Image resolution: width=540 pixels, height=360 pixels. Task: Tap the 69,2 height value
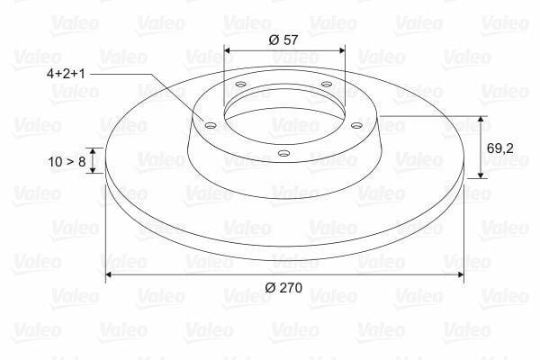[x=500, y=148]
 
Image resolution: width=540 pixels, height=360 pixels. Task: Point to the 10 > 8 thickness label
[x=66, y=161]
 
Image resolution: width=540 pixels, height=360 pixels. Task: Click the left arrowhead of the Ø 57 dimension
[x=226, y=50]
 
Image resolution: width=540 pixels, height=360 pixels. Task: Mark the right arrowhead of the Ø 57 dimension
[x=352, y=50]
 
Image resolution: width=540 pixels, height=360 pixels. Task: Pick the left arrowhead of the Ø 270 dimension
[x=111, y=274]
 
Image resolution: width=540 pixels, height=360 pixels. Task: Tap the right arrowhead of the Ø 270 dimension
[x=461, y=274]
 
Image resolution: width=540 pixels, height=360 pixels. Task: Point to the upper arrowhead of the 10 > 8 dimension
[x=93, y=151]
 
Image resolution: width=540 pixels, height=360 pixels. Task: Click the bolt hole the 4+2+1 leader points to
[x=211, y=125]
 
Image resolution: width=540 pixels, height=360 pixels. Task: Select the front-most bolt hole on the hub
[x=284, y=153]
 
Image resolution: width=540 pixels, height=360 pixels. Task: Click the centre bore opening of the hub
[x=283, y=113]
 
